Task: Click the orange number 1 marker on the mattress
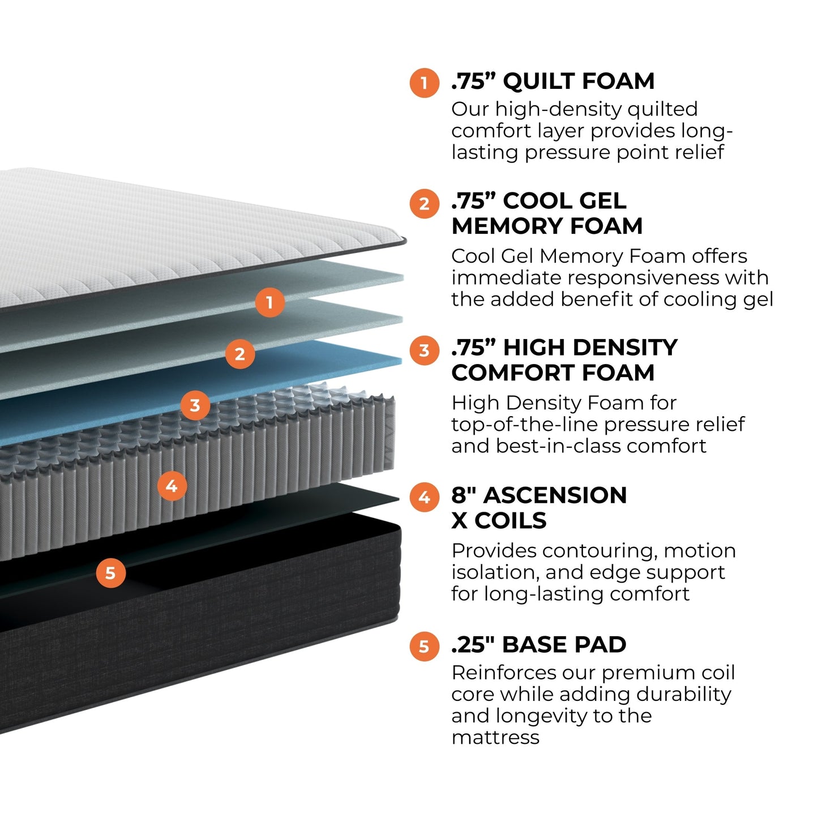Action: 269,302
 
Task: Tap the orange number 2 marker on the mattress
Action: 239,354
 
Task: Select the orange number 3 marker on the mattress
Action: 195,405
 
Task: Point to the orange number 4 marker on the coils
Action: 172,486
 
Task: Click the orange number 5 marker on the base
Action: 110,573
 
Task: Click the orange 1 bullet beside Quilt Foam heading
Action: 424,83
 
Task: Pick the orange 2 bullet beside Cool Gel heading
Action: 424,203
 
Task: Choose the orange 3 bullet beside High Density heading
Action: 424,350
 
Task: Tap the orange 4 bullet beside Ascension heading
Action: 424,498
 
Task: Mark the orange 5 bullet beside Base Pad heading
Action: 424,646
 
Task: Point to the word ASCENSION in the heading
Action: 555,495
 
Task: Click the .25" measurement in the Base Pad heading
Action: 473,644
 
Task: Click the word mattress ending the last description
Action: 495,738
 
